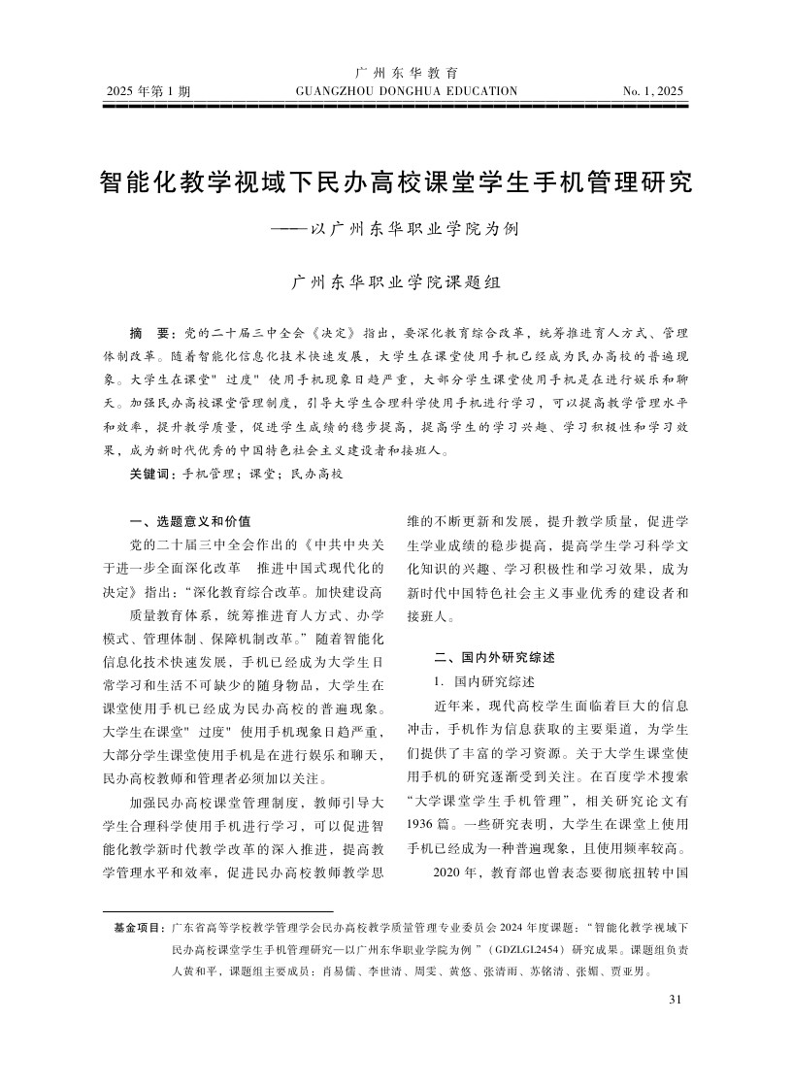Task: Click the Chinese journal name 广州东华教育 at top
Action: [x=407, y=73]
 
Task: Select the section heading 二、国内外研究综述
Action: [x=495, y=657]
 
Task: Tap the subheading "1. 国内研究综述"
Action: [x=485, y=680]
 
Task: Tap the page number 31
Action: [x=676, y=1000]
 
